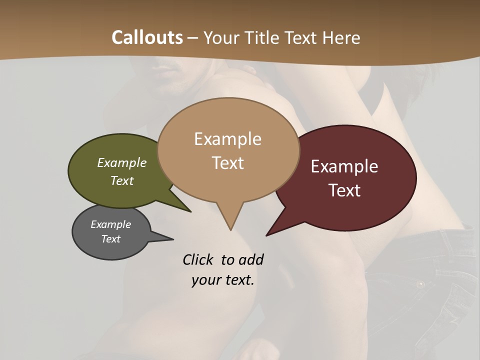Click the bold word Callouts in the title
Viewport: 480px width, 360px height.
[147, 37]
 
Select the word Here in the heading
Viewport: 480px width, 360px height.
[341, 37]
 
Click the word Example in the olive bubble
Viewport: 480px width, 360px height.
[122, 162]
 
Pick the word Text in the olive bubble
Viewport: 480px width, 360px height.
[122, 180]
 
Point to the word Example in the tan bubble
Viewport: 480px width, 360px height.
[227, 139]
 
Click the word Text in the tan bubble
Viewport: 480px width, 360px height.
[228, 162]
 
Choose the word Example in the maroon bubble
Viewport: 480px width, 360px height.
[344, 166]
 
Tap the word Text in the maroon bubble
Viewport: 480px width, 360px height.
[345, 190]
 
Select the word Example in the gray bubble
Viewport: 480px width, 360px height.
[111, 224]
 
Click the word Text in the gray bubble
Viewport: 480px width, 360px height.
[111, 238]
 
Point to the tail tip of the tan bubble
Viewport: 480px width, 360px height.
[230, 229]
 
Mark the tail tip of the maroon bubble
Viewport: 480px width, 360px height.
[267, 234]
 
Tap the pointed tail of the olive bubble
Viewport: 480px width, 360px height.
[190, 211]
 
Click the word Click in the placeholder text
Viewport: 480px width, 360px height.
[197, 259]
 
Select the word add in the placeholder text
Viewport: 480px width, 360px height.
[251, 259]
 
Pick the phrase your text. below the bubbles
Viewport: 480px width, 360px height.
[223, 279]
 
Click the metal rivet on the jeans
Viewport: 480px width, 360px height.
[420, 284]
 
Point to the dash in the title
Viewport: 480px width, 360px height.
[193, 37]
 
